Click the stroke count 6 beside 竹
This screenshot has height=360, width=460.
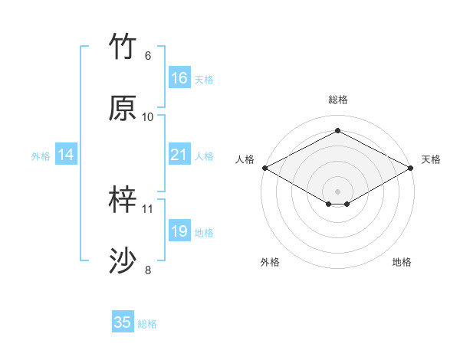[148, 56]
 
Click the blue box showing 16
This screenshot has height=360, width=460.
[179, 78]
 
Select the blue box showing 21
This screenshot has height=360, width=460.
[179, 155]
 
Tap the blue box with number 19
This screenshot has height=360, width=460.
[179, 231]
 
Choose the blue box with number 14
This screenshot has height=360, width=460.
[67, 155]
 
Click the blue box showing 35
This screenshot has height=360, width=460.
[123, 322]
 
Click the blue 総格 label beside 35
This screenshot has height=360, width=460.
[147, 324]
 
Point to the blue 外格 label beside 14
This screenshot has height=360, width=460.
[41, 156]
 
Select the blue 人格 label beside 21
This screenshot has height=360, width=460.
[204, 156]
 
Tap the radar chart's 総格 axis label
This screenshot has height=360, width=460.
[337, 100]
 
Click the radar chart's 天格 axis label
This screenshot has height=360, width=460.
[431, 159]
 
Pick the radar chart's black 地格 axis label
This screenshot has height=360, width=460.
[402, 262]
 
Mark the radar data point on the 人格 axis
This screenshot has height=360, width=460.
[264, 167]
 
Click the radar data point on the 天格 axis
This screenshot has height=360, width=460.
[411, 167]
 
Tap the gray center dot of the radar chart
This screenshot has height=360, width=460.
[337, 191]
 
